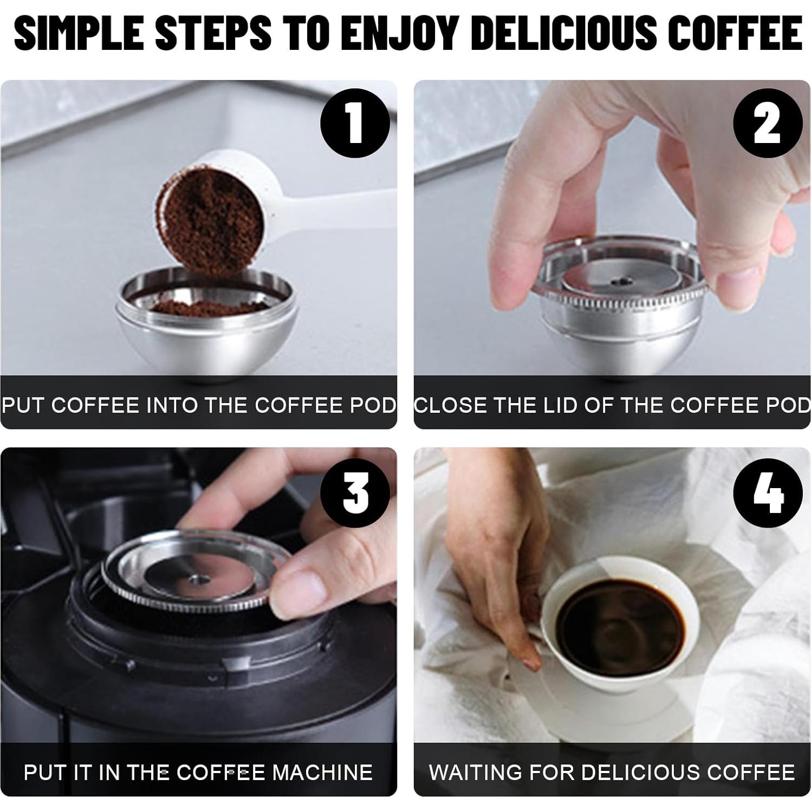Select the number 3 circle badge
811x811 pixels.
(355, 491)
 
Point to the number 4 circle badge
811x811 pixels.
(767, 492)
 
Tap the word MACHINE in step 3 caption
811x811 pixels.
(322, 771)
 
